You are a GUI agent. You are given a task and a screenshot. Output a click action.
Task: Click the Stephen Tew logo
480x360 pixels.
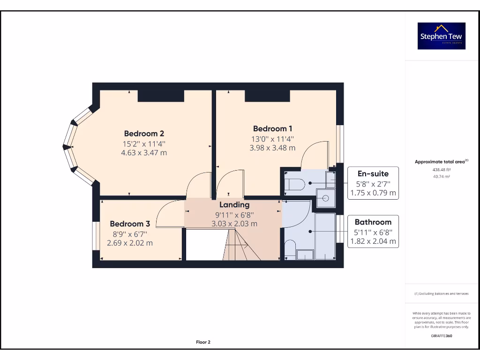point(442,36)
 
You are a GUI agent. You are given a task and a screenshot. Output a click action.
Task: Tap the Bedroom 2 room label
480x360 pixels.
point(144,133)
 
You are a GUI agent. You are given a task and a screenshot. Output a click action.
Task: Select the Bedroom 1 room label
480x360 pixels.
point(273,128)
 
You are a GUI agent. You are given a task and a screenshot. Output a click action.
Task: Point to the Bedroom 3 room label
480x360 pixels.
point(130,224)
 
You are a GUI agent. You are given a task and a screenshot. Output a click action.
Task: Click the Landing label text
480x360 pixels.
point(234,204)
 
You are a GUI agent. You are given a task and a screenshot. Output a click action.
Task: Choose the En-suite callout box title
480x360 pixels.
point(373,173)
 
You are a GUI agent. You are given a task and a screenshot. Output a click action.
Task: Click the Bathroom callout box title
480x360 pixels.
point(373,222)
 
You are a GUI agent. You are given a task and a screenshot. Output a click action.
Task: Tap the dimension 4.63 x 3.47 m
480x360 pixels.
point(144,153)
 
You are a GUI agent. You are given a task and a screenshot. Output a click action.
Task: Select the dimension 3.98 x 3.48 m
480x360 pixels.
point(273,148)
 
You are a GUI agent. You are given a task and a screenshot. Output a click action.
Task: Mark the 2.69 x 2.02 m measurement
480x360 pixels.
point(130,243)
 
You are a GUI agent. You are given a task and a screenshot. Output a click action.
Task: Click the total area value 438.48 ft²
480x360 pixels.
point(441,170)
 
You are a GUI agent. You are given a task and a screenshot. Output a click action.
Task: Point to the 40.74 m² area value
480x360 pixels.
point(441,176)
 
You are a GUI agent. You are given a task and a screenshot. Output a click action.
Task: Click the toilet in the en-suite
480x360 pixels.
point(295,185)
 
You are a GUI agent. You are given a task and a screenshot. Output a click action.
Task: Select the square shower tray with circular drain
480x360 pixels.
point(326,198)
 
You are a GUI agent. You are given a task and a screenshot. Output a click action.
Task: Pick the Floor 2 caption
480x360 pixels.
point(203,342)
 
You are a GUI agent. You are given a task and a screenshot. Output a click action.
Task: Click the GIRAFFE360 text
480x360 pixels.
point(441,336)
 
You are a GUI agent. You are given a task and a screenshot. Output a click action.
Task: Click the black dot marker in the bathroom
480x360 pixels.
point(310,231)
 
